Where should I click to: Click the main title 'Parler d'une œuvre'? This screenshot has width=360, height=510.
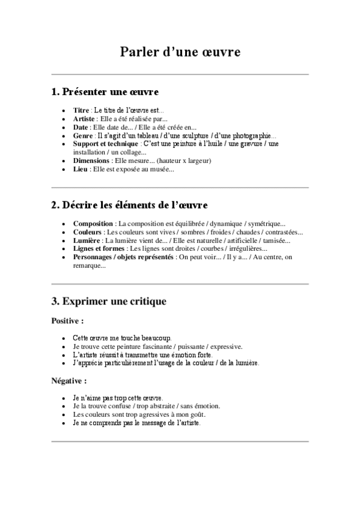(180, 52)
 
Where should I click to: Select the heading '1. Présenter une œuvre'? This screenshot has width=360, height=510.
(105, 92)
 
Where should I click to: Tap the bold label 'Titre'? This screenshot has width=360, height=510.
(81, 111)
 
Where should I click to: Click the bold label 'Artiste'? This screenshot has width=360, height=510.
(85, 119)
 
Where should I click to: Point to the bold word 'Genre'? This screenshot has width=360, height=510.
(83, 136)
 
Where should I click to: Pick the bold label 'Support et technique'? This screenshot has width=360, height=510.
(106, 144)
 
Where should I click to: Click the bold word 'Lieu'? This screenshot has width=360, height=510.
(80, 170)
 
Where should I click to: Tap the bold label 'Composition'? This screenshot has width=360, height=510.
(93, 224)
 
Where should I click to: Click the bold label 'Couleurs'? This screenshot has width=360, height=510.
(87, 232)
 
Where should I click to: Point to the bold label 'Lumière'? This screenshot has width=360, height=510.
(87, 241)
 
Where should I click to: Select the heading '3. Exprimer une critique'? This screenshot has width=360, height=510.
(109, 300)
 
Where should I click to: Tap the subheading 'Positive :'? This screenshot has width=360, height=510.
(67, 320)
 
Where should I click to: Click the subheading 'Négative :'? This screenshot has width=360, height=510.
(69, 381)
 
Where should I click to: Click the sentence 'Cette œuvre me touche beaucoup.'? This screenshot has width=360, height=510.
(121, 338)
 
